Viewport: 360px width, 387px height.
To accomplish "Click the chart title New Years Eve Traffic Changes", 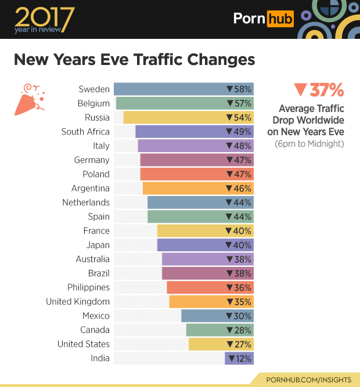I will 134,60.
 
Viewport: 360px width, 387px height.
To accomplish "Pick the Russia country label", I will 97,118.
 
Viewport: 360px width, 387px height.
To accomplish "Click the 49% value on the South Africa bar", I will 239,132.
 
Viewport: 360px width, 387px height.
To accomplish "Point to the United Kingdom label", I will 78,302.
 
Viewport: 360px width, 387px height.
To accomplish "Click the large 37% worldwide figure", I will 319,91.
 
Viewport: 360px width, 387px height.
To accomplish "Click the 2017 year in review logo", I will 44,20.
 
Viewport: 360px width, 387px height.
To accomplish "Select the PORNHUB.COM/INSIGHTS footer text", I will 308,379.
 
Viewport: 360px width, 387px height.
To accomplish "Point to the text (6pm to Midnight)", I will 309,144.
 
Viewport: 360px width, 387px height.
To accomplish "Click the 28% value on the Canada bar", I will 239,330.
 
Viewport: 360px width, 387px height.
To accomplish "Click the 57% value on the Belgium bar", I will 239,104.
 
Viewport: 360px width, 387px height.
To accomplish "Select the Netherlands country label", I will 86,202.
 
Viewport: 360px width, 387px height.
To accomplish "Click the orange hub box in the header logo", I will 280,19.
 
